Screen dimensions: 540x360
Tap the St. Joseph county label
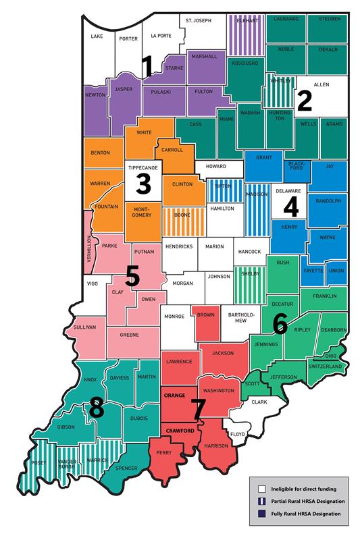click(195, 21)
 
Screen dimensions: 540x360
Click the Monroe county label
click(174, 314)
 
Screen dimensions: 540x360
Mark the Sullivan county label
click(85, 327)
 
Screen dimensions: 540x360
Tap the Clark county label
click(259, 402)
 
